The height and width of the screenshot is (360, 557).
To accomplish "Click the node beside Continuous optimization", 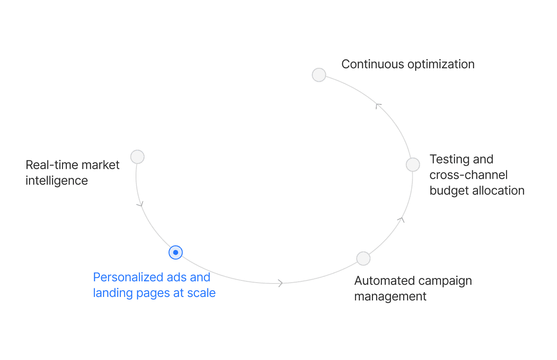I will (x=319, y=75).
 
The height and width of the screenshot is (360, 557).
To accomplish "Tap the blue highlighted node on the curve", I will (x=176, y=252).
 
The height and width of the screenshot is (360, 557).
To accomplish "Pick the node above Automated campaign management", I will (x=363, y=258).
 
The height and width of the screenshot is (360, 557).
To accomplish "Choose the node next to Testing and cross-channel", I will (x=413, y=165).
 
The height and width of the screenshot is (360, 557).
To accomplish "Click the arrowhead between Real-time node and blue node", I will (x=140, y=203).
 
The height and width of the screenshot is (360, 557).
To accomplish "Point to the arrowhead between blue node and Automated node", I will (x=280, y=283).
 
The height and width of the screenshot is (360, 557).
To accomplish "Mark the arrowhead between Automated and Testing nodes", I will (x=401, y=220).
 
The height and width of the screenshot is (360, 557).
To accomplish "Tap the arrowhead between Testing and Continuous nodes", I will (x=378, y=105).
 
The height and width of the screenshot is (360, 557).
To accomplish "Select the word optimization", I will (x=441, y=64).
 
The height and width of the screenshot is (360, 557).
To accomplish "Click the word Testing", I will (x=450, y=160).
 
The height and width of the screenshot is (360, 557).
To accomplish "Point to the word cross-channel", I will (x=468, y=175).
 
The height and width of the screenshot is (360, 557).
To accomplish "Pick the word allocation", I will (x=499, y=190).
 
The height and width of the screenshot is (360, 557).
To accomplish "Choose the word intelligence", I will (x=57, y=181).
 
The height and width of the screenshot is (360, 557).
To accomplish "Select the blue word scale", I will (x=201, y=293).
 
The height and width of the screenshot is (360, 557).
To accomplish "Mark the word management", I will (x=391, y=297).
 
